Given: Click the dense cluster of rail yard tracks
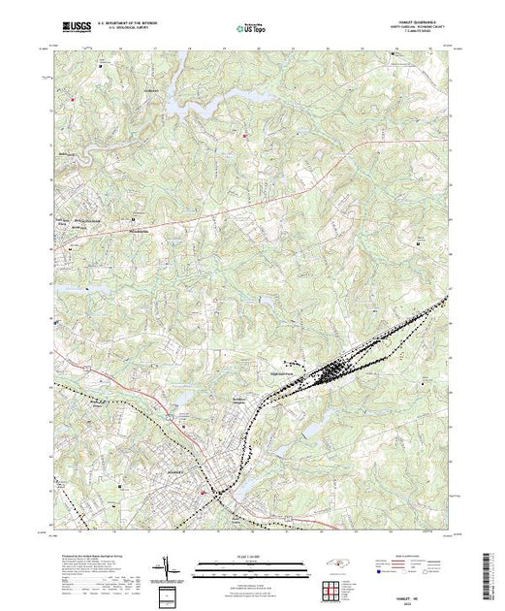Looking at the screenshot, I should coord(335,369).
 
